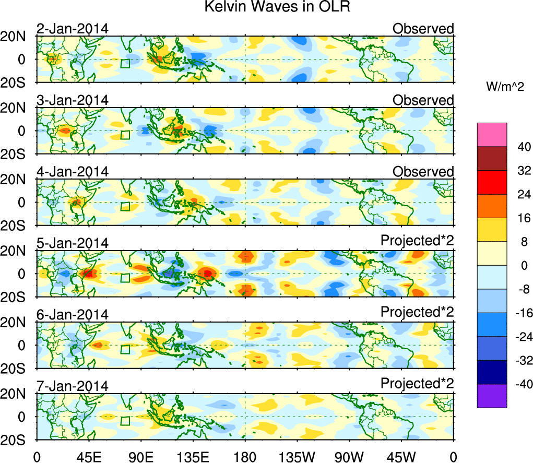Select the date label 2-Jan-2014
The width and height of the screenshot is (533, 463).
click(x=73, y=29)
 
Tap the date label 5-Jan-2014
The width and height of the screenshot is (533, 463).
click(x=73, y=243)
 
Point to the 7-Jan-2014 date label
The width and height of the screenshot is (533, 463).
click(x=73, y=386)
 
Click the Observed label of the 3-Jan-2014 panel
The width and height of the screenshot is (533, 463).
click(x=423, y=100)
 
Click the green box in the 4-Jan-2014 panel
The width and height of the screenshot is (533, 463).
click(x=125, y=206)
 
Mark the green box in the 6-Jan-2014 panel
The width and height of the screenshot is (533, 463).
click(x=125, y=349)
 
